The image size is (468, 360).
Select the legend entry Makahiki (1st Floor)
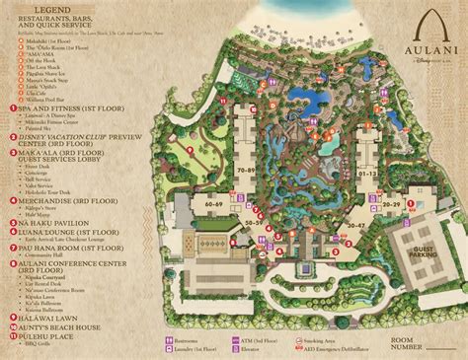(39, 41)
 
